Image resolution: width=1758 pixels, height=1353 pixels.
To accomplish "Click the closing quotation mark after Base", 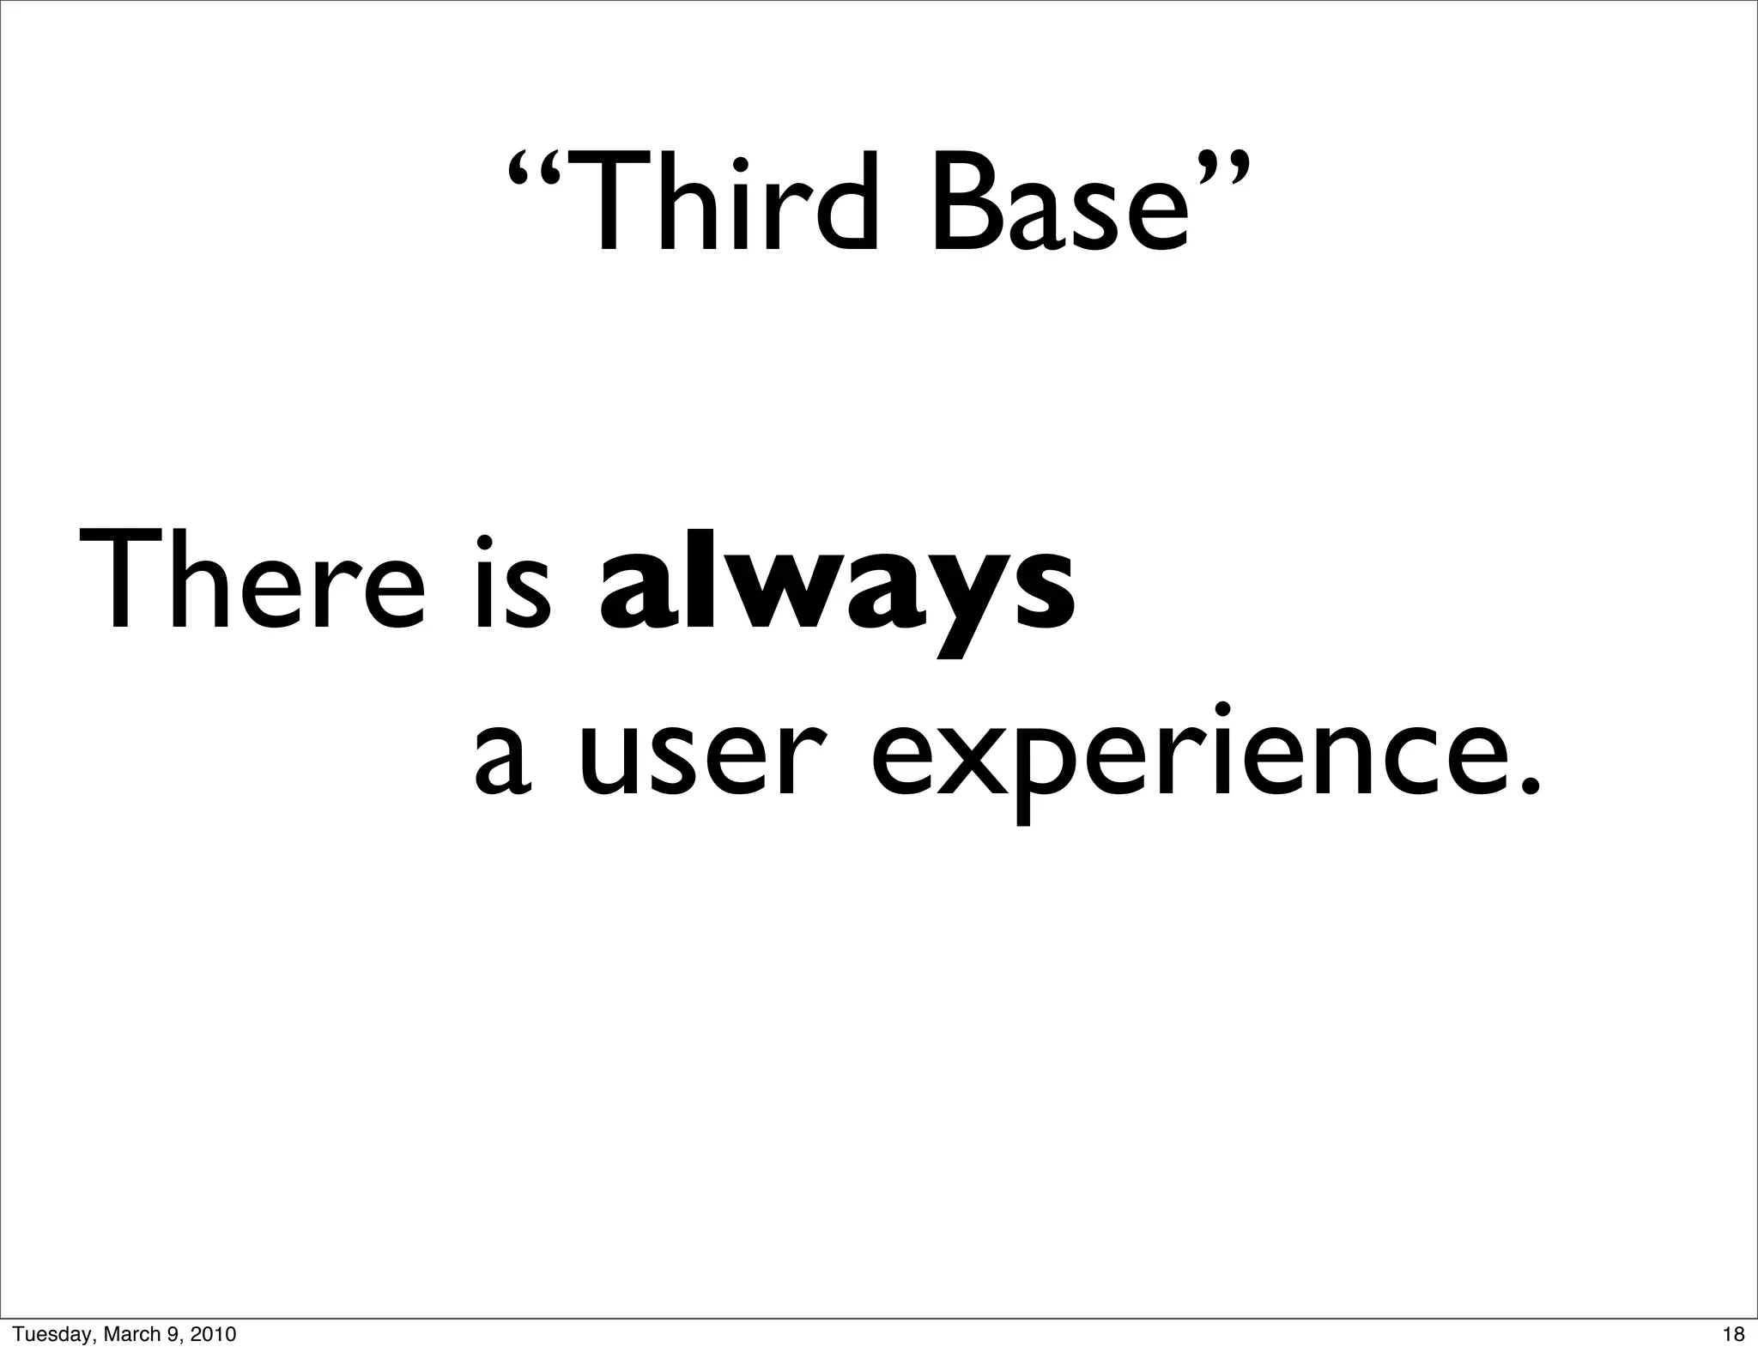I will (x=1220, y=167).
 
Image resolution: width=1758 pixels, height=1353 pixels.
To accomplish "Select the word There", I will (x=252, y=582).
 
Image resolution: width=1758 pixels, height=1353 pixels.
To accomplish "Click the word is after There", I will (x=512, y=584).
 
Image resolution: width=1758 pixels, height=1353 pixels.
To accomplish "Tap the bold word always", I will (x=835, y=588).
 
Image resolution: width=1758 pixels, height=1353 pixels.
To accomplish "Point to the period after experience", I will (x=1522, y=786).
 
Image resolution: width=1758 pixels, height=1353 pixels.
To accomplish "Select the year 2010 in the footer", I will (x=213, y=1334).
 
